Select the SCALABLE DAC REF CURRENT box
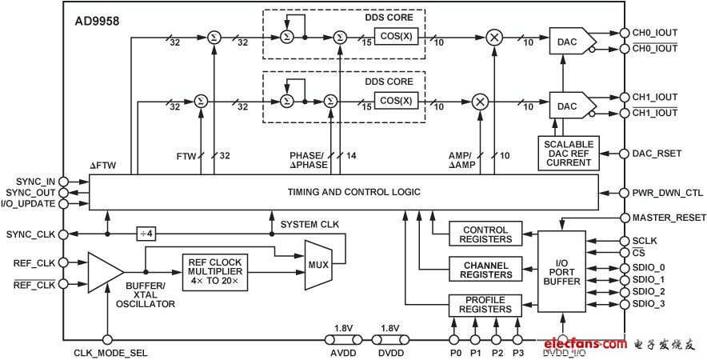pos(569,153)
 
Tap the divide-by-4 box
pos(144,234)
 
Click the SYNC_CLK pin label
pos(30,234)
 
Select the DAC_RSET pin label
pos(657,153)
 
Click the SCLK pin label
pos(644,241)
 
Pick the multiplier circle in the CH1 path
pos(479,101)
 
